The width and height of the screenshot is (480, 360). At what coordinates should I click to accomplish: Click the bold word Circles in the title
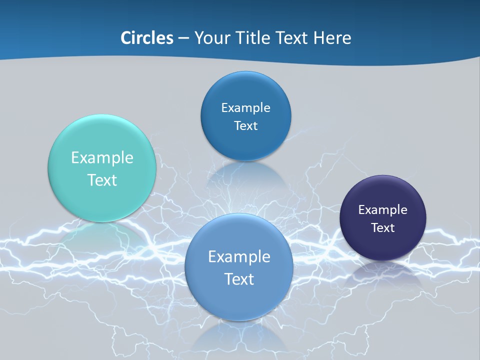point(147,38)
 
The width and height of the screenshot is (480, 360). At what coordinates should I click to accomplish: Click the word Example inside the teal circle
point(102,158)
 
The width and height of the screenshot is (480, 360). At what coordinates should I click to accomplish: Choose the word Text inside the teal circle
point(102,180)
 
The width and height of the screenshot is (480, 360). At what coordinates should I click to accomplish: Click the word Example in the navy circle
point(383,209)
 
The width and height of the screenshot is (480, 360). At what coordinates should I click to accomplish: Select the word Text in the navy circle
point(383,227)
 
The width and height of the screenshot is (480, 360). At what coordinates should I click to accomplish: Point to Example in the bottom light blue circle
point(239,257)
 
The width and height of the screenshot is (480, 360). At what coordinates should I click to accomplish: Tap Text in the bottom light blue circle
point(239,279)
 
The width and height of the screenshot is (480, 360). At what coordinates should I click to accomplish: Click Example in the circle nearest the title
point(245,107)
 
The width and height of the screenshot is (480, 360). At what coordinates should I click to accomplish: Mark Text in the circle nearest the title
point(245,125)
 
